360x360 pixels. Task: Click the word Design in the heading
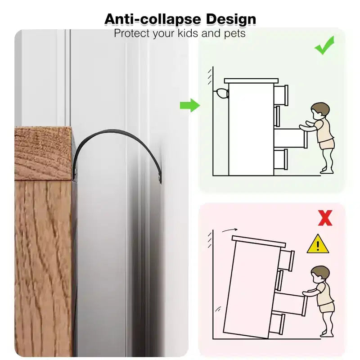(231, 19)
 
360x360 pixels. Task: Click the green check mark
(324, 45)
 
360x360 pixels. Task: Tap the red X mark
(325, 218)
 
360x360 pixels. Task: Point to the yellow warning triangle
(318, 244)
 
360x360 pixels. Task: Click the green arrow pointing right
(190, 105)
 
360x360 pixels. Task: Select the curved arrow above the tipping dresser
(229, 230)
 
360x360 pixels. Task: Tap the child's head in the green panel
(320, 111)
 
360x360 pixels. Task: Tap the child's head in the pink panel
(320, 274)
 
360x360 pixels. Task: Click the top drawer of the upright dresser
(281, 95)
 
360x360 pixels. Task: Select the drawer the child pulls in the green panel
(291, 138)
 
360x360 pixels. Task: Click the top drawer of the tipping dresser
(287, 260)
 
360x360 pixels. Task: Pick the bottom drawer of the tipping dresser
(277, 323)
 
